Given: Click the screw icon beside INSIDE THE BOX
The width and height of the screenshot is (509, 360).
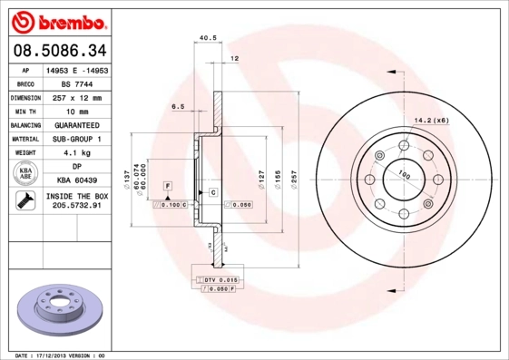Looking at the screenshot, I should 23,201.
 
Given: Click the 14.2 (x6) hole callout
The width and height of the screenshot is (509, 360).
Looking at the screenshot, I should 431,120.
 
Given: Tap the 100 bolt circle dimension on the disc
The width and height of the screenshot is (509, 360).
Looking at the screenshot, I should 404,175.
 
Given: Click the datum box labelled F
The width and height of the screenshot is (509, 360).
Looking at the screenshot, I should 168,185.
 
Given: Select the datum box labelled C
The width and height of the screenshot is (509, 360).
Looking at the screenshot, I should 212,192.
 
